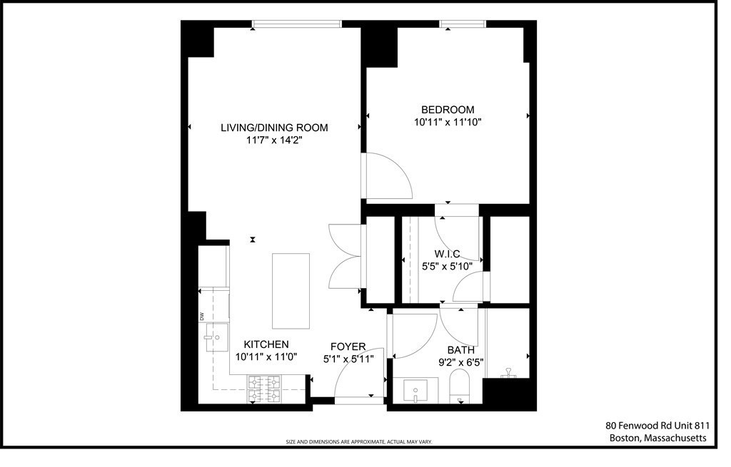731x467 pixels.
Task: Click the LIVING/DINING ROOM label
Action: click(274, 128)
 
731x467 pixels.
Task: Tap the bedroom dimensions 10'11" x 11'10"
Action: click(448, 122)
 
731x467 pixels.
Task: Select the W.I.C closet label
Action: click(447, 254)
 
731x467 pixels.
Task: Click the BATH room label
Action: click(460, 350)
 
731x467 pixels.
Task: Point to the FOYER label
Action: click(348, 347)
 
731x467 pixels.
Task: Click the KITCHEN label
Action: click(266, 344)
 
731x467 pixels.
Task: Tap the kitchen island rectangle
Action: click(291, 291)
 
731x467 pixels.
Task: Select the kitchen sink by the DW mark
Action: click(215, 337)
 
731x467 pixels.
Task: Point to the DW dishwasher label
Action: click(202, 316)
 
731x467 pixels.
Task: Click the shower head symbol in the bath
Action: click(509, 371)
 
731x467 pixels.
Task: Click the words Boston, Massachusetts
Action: click(657, 438)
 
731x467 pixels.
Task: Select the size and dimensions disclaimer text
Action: click(359, 442)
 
